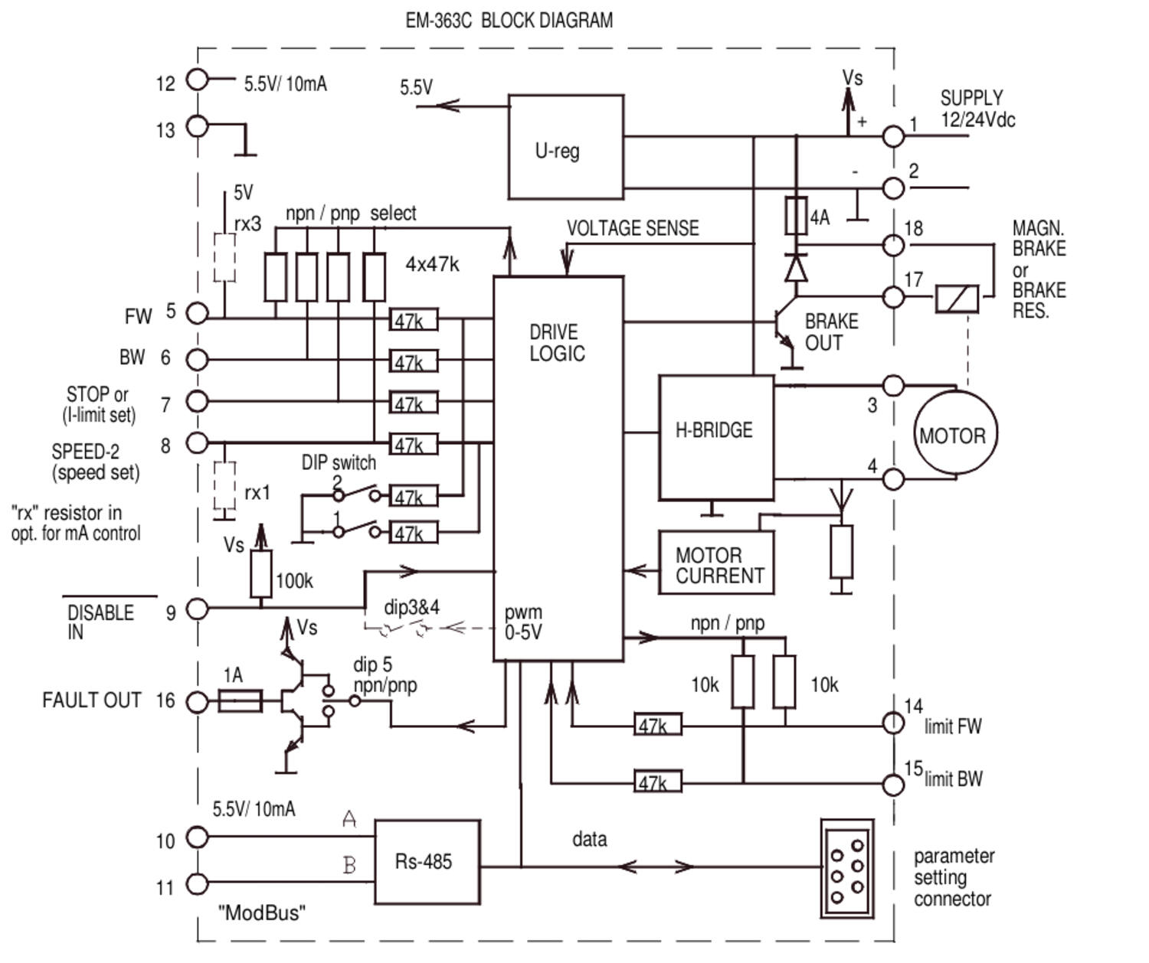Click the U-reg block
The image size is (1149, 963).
(x=565, y=147)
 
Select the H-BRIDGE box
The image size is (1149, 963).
(x=715, y=437)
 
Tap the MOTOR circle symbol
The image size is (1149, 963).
(x=954, y=433)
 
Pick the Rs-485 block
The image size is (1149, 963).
(x=427, y=862)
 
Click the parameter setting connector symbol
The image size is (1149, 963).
(x=846, y=868)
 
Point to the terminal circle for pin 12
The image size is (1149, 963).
(x=198, y=79)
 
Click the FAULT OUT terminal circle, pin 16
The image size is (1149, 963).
(x=198, y=701)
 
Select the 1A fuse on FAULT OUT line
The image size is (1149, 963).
(x=240, y=701)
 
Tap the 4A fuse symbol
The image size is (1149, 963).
(x=796, y=216)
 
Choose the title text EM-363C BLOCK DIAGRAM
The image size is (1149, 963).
(x=509, y=21)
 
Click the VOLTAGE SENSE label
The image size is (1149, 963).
(x=633, y=228)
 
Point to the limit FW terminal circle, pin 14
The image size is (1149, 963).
(x=893, y=723)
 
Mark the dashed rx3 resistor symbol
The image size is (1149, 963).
(x=224, y=258)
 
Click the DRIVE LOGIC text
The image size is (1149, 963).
(x=557, y=343)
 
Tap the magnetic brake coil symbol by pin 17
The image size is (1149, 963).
(x=957, y=299)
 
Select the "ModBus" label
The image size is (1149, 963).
(x=261, y=912)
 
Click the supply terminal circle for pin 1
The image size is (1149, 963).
(x=893, y=136)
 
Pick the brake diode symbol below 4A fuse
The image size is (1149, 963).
(x=797, y=269)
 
